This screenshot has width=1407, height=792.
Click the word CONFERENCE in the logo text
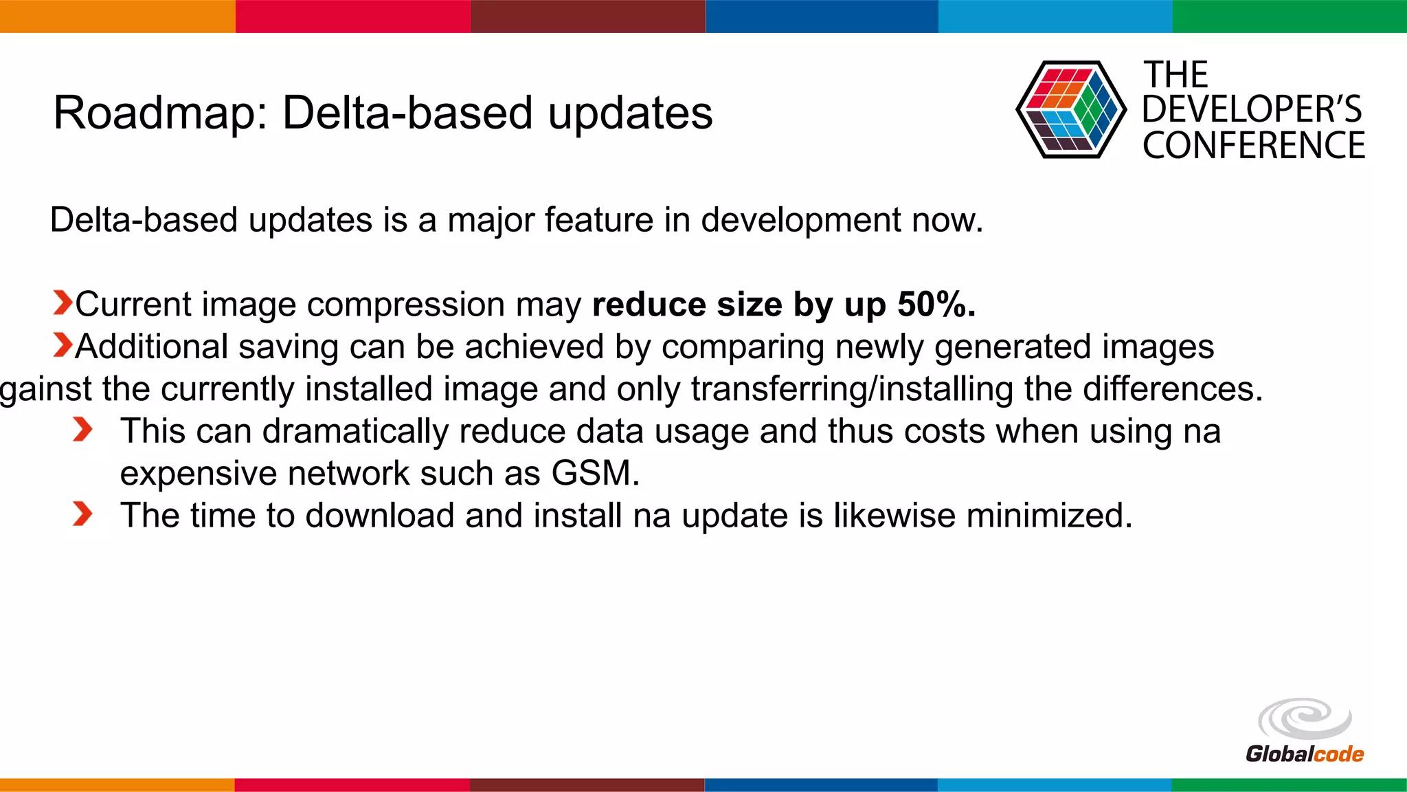(x=1253, y=146)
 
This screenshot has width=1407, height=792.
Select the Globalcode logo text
(x=1304, y=754)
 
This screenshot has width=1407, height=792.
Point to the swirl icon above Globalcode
(x=1304, y=719)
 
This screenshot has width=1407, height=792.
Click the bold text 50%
(x=936, y=304)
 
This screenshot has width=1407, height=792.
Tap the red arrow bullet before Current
(x=62, y=302)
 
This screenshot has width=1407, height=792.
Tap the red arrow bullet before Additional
(x=62, y=345)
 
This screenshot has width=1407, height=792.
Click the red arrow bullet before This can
(x=82, y=430)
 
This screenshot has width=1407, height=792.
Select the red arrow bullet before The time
(x=82, y=514)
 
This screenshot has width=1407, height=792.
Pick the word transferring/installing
(x=852, y=389)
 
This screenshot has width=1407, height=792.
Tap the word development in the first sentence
(x=800, y=221)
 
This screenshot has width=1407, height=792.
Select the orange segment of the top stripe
(x=117, y=16)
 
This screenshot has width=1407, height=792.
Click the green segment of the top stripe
(x=1289, y=16)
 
